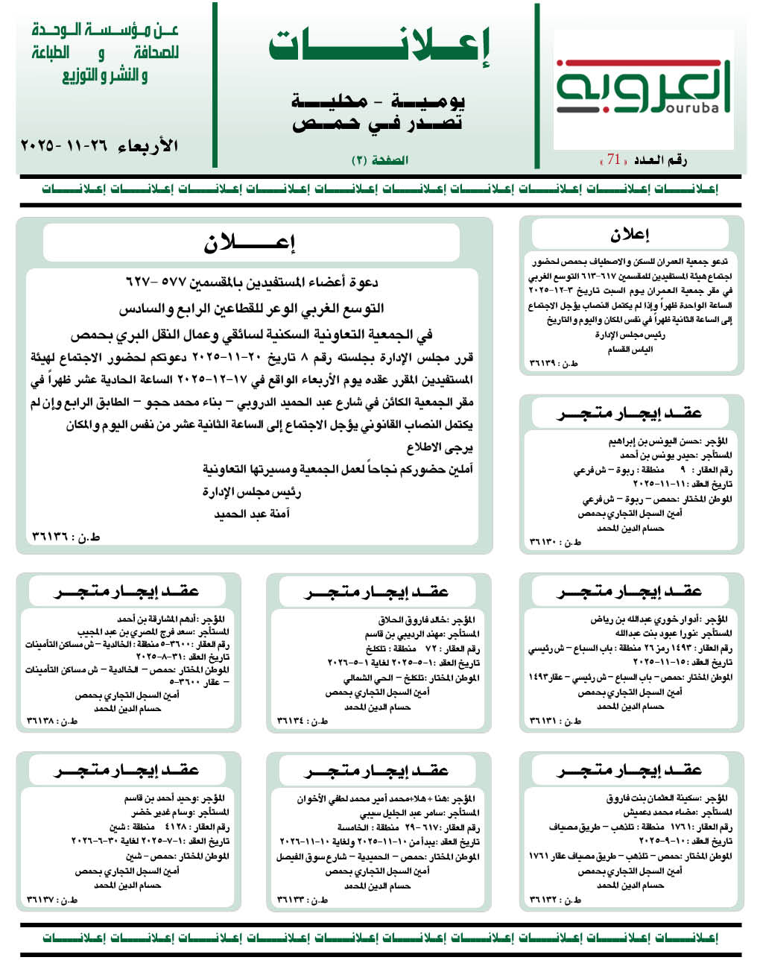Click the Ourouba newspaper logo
642,88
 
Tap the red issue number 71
614,160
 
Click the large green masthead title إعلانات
379,48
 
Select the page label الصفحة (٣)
380,160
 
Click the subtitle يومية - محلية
378,100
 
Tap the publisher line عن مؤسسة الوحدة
105,31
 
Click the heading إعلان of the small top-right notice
630,235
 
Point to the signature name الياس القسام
630,350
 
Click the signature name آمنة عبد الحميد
252,514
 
